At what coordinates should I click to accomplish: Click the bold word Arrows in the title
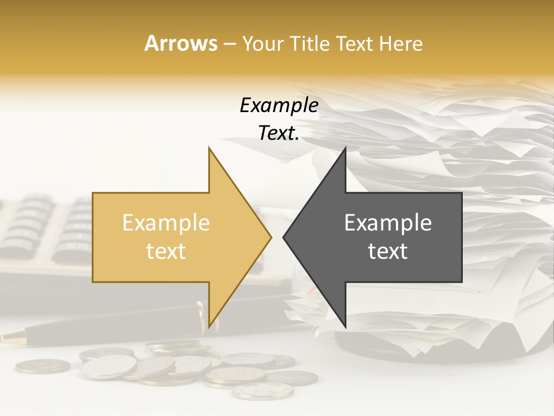[x=181, y=44]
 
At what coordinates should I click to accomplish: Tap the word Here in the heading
[x=400, y=44]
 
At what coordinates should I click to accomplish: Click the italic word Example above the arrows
[x=279, y=106]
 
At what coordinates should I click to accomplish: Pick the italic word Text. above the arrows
[x=279, y=133]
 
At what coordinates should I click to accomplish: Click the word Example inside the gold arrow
[x=166, y=222]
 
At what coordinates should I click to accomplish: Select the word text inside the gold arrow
[x=166, y=251]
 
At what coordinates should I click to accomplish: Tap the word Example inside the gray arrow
[x=388, y=222]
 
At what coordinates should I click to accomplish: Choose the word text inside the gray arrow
[x=388, y=251]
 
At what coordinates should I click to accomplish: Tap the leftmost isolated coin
[x=43, y=366]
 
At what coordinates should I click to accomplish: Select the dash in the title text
[x=229, y=44]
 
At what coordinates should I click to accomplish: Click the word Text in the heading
[x=355, y=44]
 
